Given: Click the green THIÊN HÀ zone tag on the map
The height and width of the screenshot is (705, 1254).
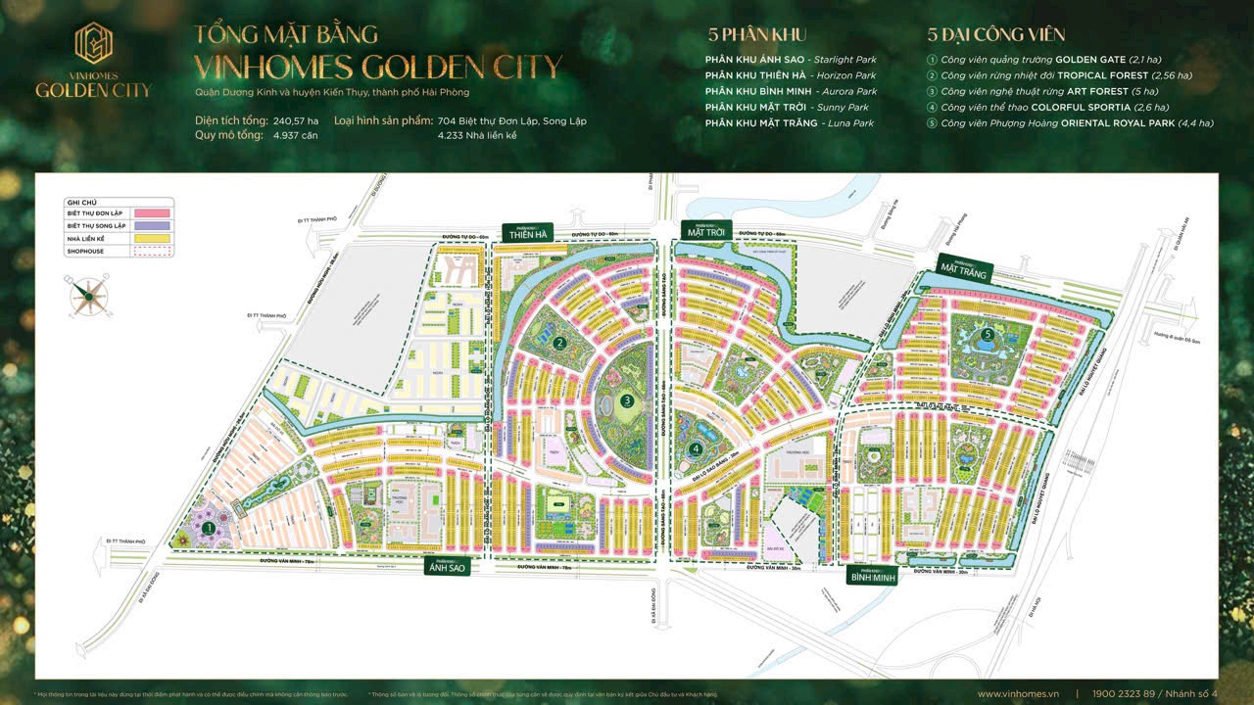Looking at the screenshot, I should [527, 232].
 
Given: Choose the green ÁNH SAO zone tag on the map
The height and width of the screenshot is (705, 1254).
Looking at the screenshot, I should [446, 567].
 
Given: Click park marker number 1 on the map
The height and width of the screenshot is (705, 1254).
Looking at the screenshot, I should [209, 527].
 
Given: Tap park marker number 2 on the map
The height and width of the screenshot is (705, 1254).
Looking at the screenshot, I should [558, 343].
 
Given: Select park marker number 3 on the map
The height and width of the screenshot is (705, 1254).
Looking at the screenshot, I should [627, 399].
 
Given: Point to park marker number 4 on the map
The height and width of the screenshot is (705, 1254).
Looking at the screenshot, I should [696, 449].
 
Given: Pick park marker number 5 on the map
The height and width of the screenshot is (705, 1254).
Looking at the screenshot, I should [988, 334].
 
